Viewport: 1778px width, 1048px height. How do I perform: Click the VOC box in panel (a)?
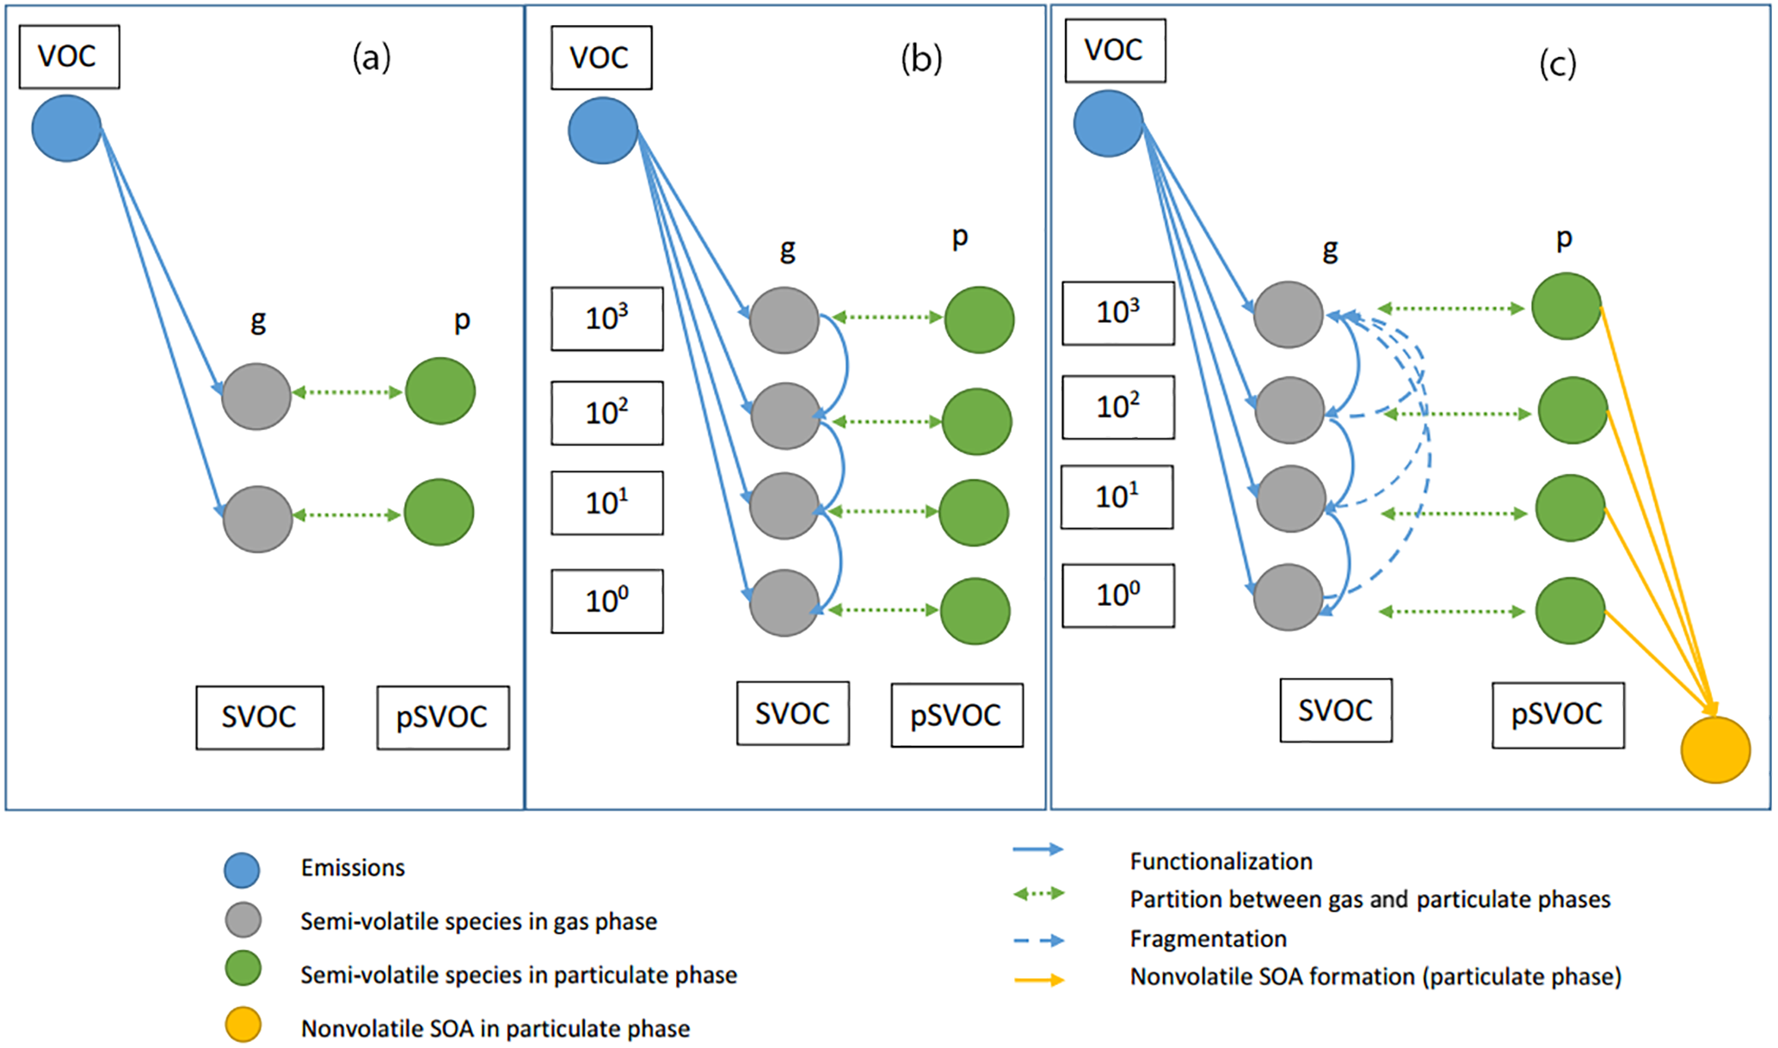tap(69, 57)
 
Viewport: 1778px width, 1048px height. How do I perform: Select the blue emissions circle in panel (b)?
tap(602, 131)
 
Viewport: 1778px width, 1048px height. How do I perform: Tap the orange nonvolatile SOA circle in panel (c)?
tap(1715, 749)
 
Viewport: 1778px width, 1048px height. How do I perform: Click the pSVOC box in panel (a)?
tap(442, 718)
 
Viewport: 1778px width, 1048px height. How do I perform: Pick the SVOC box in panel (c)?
tap(1335, 711)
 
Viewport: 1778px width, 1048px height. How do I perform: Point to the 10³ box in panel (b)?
tap(606, 318)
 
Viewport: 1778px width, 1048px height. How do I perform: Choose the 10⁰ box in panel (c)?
tap(1117, 595)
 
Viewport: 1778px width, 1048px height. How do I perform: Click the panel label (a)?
tap(372, 58)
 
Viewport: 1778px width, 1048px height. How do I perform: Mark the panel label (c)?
tap(1557, 64)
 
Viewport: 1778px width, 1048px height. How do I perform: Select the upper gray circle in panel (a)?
tap(256, 396)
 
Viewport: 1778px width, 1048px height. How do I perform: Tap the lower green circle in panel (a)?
tap(439, 513)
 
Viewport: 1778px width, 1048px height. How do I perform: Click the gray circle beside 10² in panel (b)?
tap(784, 416)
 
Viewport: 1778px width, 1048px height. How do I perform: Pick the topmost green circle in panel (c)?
tap(1566, 306)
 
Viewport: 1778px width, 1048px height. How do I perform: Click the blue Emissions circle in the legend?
tap(242, 870)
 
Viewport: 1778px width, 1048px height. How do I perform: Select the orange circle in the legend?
tap(243, 1025)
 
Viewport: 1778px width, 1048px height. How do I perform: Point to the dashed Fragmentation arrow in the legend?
tap(1038, 940)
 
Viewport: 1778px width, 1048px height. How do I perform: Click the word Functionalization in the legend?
tap(1221, 861)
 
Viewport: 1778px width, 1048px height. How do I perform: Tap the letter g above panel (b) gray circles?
tap(787, 250)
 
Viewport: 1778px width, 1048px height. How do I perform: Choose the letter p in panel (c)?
tap(1564, 237)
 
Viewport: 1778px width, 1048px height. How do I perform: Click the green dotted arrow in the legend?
tap(1038, 894)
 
